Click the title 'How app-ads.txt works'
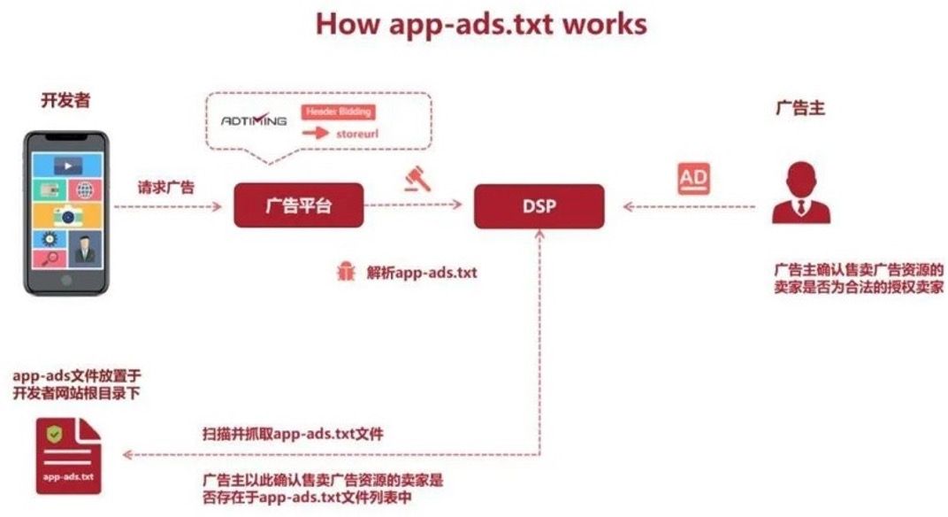[x=481, y=25]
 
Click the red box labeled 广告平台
[x=299, y=205]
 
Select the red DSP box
[x=539, y=206]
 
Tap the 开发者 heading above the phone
[x=66, y=100]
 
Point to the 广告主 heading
[x=799, y=108]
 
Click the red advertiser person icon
[x=801, y=192]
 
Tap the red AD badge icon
[x=693, y=179]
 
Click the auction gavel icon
[x=417, y=179]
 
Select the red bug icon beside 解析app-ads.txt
[x=346, y=272]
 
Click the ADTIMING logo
[x=254, y=120]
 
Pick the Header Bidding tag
[x=338, y=112]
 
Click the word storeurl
[x=357, y=134]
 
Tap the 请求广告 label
[x=166, y=187]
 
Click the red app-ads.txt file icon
[x=68, y=456]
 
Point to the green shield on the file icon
[x=55, y=434]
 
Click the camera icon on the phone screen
[x=68, y=215]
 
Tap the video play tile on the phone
[x=68, y=166]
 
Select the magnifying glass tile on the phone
[x=50, y=258]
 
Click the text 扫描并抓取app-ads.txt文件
[x=293, y=434]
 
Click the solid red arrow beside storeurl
[x=316, y=133]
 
